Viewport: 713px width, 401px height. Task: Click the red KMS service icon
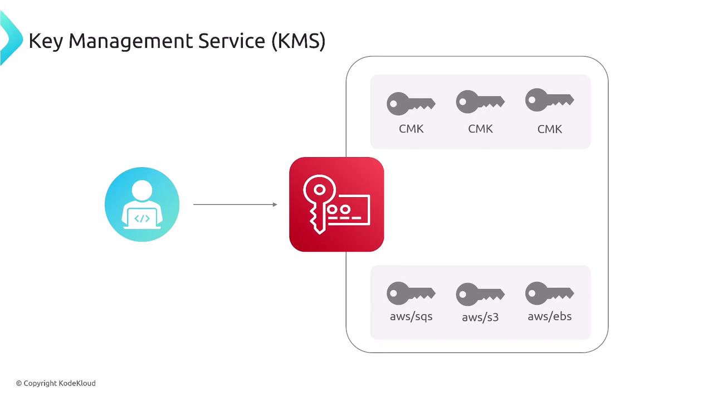(336, 204)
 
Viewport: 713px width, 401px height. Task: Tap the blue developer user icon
(142, 204)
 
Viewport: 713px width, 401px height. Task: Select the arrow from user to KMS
(235, 204)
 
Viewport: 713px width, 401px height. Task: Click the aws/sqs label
(411, 316)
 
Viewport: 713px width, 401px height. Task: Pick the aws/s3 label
(480, 317)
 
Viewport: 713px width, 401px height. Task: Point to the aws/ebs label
(550, 316)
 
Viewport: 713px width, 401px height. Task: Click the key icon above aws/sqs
(411, 294)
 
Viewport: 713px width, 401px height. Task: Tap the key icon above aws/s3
(480, 294)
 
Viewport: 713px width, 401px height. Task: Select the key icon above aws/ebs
(549, 293)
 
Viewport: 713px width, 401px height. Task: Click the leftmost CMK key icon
(411, 104)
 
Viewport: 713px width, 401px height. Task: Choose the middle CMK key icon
(480, 102)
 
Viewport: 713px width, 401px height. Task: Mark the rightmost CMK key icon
(549, 100)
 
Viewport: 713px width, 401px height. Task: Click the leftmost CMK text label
(411, 129)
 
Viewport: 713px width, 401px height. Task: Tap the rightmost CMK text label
(550, 129)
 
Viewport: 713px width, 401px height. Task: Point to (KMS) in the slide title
(299, 41)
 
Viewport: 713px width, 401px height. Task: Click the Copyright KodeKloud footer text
(56, 383)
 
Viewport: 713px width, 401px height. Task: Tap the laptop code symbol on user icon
(142, 218)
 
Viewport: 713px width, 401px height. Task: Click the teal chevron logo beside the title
(9, 38)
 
